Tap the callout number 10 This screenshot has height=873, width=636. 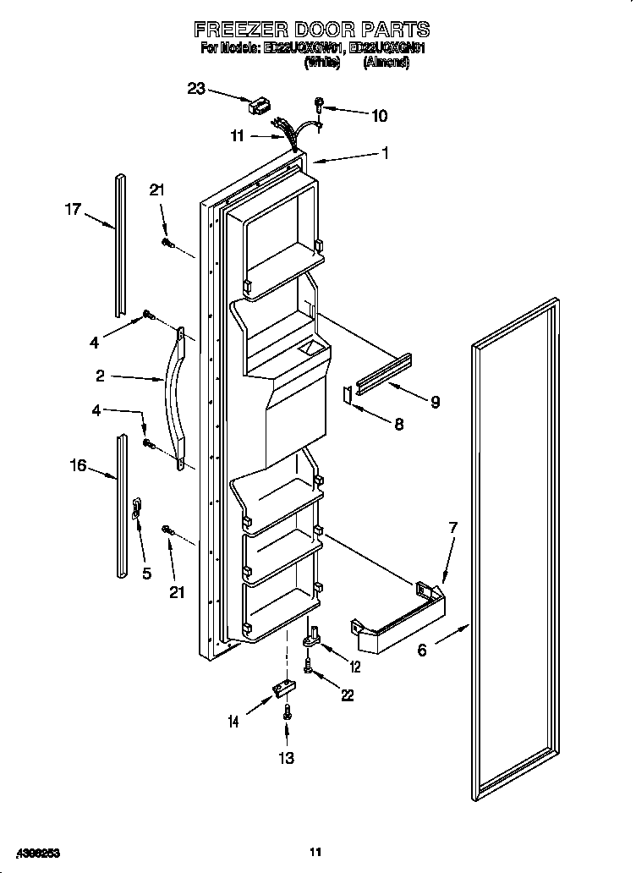[x=379, y=116]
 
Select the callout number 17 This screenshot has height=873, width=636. [x=74, y=208]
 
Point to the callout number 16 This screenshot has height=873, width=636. [x=77, y=466]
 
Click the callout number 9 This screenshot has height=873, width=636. [x=434, y=402]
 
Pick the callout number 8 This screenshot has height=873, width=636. [x=397, y=424]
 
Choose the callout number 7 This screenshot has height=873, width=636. [x=452, y=528]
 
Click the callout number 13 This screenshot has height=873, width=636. [x=287, y=758]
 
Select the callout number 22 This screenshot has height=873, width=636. [x=347, y=695]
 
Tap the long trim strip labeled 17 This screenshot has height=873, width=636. [x=120, y=241]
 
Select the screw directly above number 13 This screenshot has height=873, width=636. [x=288, y=712]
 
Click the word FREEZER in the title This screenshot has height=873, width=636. [x=246, y=30]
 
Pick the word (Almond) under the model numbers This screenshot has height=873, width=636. [x=387, y=63]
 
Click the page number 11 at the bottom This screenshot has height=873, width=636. [x=316, y=852]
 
